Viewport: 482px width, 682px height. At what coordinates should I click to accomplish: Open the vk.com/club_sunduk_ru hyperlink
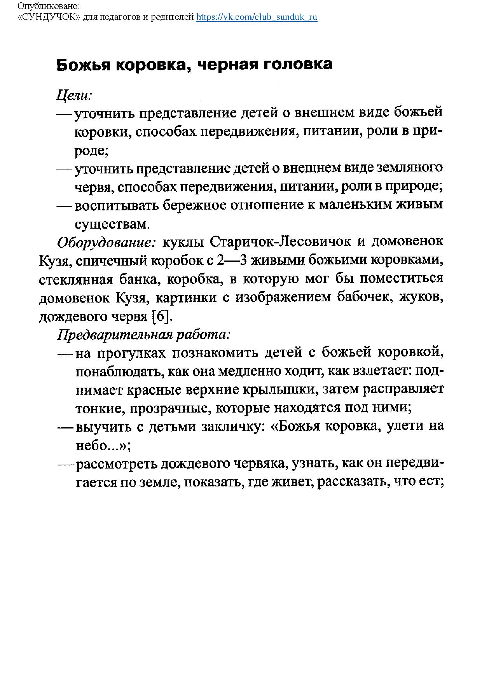click(x=257, y=17)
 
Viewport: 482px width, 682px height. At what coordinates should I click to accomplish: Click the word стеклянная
click(x=76, y=279)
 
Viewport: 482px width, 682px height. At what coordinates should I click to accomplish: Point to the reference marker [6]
click(x=161, y=317)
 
